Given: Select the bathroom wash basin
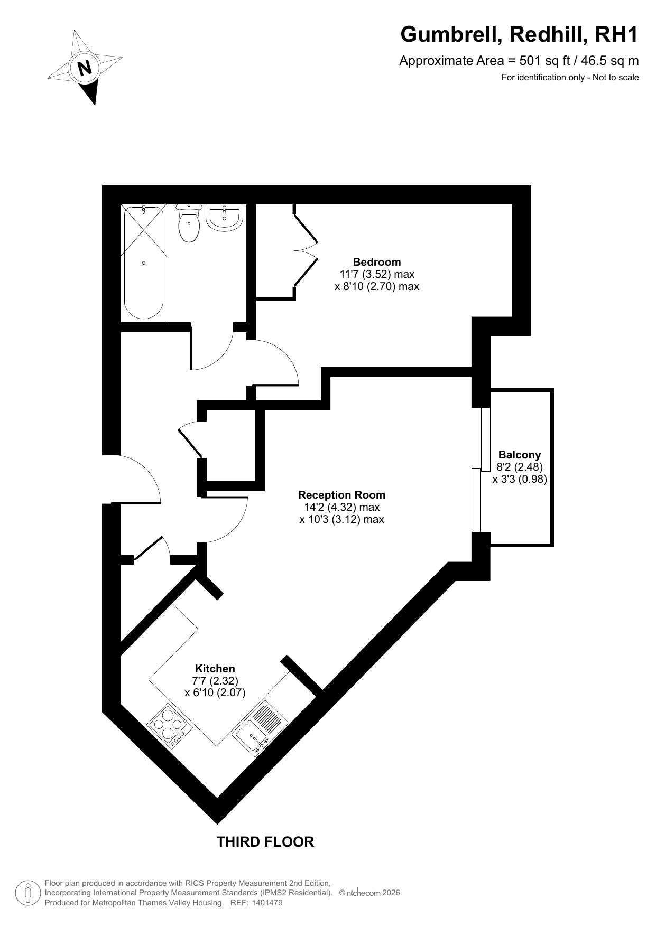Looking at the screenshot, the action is click(225, 217).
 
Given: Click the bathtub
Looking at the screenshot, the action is click(143, 263).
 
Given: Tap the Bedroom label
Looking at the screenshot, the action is click(377, 262).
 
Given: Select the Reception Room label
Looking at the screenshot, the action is click(341, 495).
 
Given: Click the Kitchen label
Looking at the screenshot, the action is click(215, 669).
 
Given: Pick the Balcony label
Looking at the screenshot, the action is click(520, 455).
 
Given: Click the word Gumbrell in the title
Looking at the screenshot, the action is click(450, 35).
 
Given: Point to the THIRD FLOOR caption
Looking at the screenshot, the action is click(265, 842).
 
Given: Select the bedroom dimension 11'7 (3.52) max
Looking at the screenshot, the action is click(377, 274).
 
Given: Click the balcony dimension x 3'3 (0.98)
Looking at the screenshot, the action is click(520, 479).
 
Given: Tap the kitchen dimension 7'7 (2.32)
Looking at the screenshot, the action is click(215, 681).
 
